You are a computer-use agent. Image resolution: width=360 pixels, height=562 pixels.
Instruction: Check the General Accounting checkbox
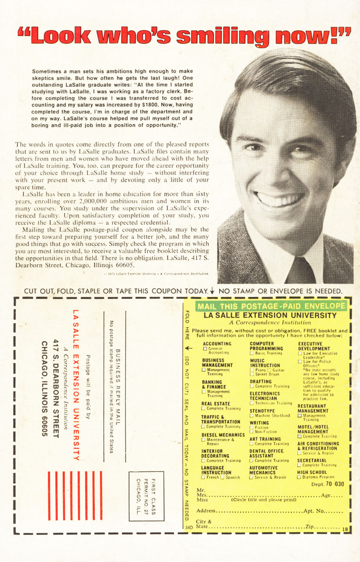205,349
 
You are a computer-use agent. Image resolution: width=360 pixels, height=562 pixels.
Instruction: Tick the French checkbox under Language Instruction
203,477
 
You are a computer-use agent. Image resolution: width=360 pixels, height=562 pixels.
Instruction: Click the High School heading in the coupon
312,472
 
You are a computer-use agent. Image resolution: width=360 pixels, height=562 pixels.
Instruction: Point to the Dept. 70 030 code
327,484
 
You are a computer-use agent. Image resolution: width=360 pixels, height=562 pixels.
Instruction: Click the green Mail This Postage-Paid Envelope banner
271,306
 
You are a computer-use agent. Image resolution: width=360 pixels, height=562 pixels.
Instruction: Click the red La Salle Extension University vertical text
76,385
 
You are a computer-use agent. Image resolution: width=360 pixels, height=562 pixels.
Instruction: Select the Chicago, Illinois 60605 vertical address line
44,388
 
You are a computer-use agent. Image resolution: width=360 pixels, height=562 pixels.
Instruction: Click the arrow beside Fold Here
188,348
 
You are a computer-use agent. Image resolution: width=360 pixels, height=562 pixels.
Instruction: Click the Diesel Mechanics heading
223,435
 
